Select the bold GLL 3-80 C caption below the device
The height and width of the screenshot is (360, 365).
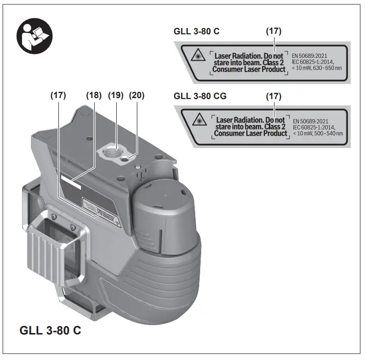click(50, 330)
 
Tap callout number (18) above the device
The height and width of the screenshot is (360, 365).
click(94, 96)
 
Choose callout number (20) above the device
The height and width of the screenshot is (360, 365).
click(137, 96)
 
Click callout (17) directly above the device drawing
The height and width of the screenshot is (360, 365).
click(58, 96)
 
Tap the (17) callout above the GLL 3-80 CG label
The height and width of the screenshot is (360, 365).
click(273, 96)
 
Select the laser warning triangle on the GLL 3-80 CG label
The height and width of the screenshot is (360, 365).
click(200, 121)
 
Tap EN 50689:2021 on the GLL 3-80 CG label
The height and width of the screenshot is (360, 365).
click(311, 121)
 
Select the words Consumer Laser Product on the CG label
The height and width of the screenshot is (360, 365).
click(251, 133)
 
